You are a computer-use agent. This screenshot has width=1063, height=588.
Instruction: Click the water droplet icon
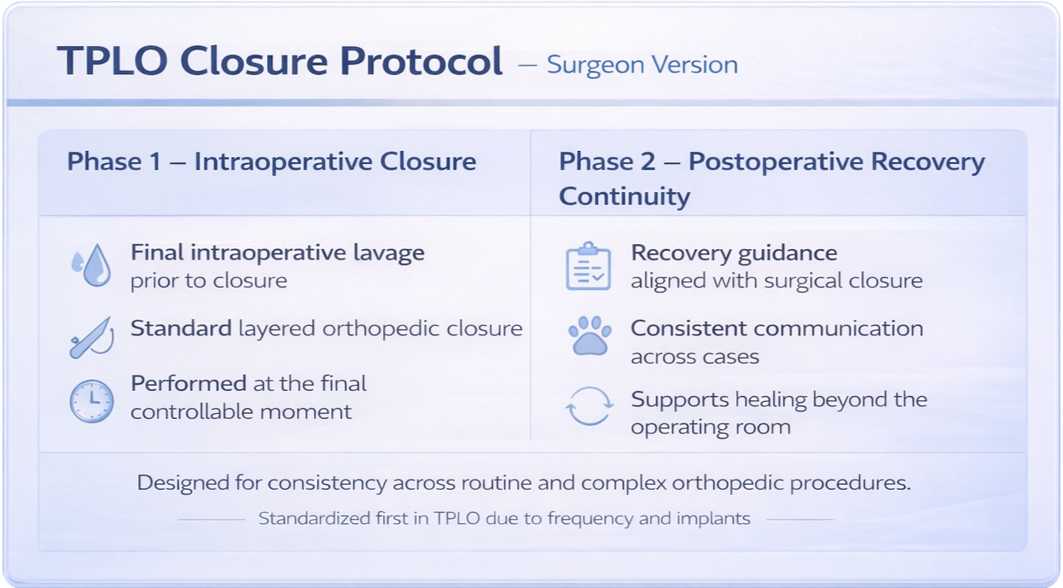pyautogui.click(x=91, y=265)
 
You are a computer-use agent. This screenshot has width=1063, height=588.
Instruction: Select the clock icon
pyautogui.click(x=91, y=400)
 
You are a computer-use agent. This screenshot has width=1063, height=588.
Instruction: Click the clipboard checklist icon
pyautogui.click(x=589, y=266)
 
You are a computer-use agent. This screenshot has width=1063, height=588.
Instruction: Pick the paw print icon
pyautogui.click(x=590, y=337)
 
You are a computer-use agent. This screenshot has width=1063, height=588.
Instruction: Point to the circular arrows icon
pyautogui.click(x=590, y=407)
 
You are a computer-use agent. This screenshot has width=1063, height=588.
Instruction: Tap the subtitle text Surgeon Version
pyautogui.click(x=642, y=65)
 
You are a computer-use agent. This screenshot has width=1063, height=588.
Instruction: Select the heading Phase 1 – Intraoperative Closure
pyautogui.click(x=271, y=162)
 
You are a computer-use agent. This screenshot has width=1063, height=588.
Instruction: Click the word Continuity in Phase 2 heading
pyautogui.click(x=624, y=196)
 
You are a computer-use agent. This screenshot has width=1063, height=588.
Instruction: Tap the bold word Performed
pyautogui.click(x=189, y=383)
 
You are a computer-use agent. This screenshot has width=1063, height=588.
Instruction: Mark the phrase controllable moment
pyautogui.click(x=241, y=411)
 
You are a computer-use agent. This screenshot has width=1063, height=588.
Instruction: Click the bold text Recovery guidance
pyautogui.click(x=734, y=253)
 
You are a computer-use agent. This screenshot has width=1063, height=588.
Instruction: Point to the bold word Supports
pyautogui.click(x=680, y=399)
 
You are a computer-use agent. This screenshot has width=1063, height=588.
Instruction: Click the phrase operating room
pyautogui.click(x=710, y=428)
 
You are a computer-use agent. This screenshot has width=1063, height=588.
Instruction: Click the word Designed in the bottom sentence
pyautogui.click(x=187, y=483)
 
